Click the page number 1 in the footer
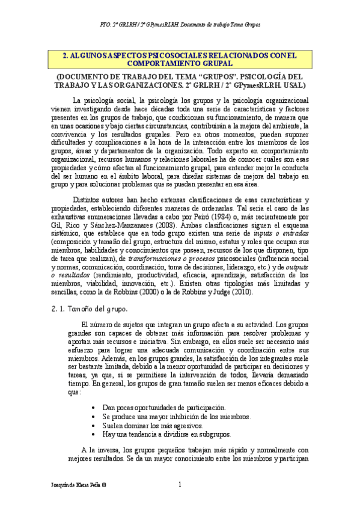[180, 485]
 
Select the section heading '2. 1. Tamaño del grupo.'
[87, 309]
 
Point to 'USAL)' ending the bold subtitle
[295, 85]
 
